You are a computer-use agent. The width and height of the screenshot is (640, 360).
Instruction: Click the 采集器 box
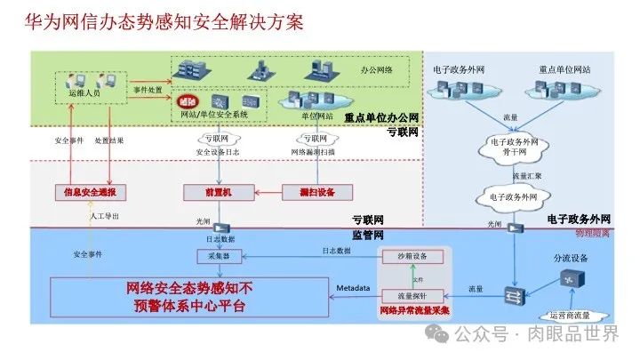click(212, 257)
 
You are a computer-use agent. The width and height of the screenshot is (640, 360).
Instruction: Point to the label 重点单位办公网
click(381, 117)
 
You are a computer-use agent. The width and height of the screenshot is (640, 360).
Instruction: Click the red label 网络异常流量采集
click(413, 311)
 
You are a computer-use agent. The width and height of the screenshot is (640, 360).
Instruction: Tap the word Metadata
click(352, 290)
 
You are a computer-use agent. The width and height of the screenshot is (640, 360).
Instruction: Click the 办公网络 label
click(378, 68)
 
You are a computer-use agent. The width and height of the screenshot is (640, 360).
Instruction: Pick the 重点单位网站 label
click(564, 68)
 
